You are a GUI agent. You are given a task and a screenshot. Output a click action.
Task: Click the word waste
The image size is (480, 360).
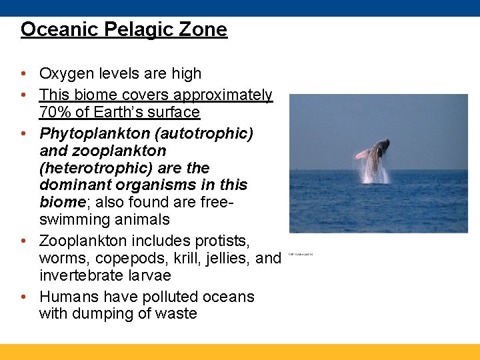tap(176, 313)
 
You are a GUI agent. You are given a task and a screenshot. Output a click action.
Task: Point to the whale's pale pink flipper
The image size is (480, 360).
tap(363, 154)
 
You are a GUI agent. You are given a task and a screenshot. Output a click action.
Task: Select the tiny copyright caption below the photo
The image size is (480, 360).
tap(301, 254)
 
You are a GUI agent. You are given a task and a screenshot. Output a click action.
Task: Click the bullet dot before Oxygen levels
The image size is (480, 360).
tap(24, 74)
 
